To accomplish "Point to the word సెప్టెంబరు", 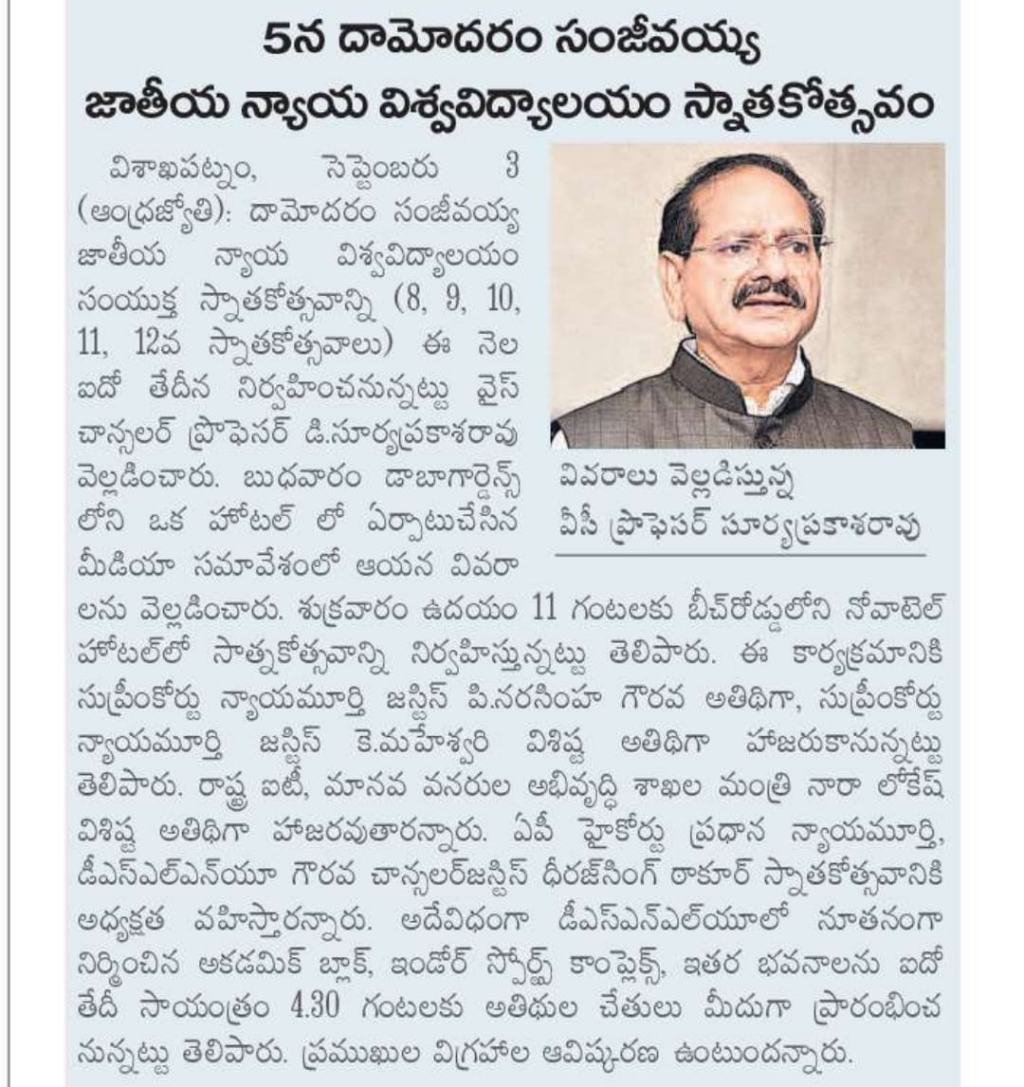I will (x=380, y=172).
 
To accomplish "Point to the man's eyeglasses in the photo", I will (x=750, y=249).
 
